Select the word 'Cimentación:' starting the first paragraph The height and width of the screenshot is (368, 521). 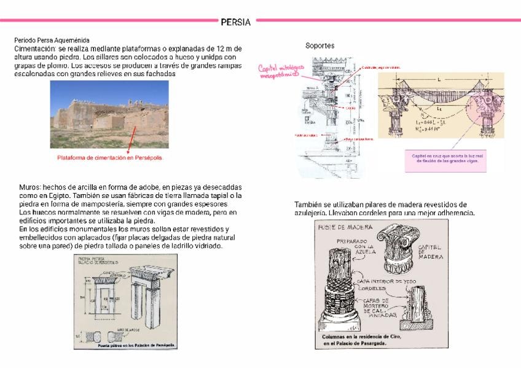[x=36, y=48]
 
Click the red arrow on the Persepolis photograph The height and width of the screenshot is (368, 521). [x=128, y=146]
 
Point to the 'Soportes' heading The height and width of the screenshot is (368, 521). [x=319, y=46]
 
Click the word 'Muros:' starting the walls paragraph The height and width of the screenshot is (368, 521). [x=27, y=187]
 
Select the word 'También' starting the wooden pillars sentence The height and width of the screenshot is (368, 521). [x=308, y=205]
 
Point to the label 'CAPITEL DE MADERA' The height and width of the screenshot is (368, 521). [x=429, y=252]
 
